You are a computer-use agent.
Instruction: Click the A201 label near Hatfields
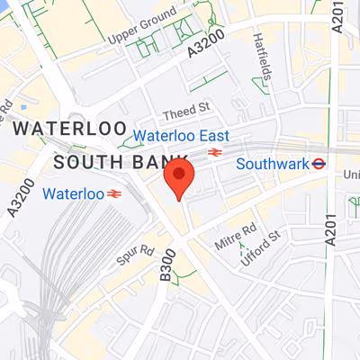click(x=338, y=16)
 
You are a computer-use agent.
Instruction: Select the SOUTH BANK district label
click(x=99, y=162)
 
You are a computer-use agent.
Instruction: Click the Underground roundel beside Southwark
click(x=318, y=164)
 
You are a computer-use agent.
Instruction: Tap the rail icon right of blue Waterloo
click(x=114, y=193)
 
